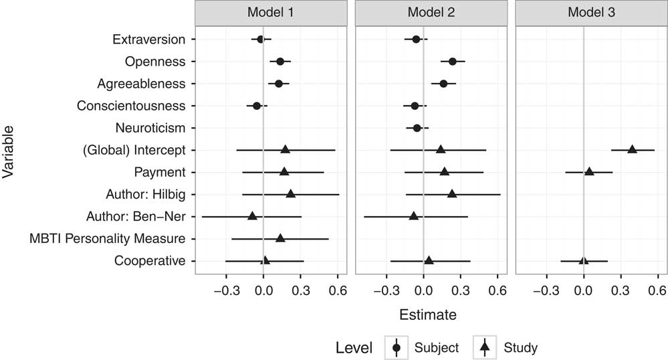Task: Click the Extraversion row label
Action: coord(149,39)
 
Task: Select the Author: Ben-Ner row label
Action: coord(136,216)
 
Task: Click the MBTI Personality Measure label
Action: coord(107,238)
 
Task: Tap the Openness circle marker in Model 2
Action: coord(453,62)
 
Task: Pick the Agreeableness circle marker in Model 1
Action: coord(279,84)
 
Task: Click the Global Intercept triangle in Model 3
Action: coord(632,149)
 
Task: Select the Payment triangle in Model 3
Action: coord(589,171)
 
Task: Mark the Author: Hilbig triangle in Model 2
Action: coord(452,193)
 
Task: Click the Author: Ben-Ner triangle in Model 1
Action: coord(252,215)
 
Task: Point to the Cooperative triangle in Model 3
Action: coord(583,260)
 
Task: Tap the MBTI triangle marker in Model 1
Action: coord(280,238)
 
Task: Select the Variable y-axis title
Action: coord(9,150)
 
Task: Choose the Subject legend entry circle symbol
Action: coord(397,347)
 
